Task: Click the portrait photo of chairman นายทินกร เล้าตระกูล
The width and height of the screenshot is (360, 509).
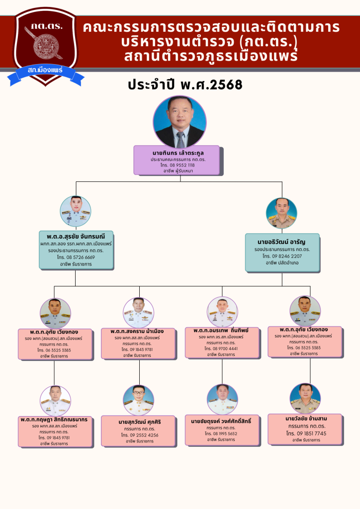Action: click(x=180, y=121)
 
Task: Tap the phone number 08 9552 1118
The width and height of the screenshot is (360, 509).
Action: click(x=177, y=165)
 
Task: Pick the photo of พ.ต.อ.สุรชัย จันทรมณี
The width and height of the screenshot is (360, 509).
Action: click(x=76, y=211)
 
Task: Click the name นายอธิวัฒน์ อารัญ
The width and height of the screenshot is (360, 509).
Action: click(x=281, y=242)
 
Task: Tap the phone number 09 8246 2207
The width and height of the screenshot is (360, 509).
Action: click(x=281, y=255)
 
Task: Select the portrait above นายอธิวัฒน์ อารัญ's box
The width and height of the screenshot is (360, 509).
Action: click(x=281, y=213)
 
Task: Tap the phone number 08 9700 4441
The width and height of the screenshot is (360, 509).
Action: click(x=222, y=349)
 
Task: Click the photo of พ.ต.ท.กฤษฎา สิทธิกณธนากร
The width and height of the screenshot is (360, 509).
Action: click(x=55, y=401)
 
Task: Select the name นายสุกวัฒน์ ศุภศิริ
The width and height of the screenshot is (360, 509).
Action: click(x=140, y=422)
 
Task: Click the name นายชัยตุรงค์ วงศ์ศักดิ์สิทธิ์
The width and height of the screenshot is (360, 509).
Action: click(x=221, y=421)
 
